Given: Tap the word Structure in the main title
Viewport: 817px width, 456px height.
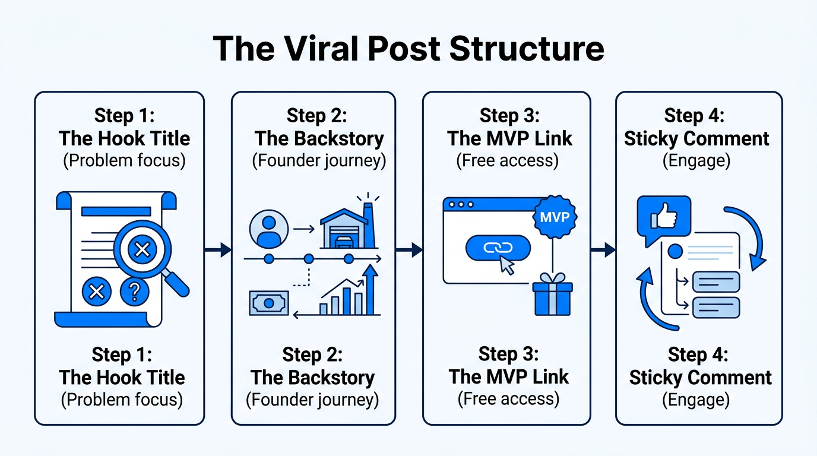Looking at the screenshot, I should coord(527,49).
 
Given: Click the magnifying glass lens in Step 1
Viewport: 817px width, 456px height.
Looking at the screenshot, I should coord(142,250).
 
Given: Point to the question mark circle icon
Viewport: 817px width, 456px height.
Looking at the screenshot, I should coord(134,291).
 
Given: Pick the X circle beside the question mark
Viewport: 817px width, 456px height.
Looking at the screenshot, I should coord(97,291).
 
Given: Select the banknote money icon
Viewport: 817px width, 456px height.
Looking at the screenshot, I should coord(268,303).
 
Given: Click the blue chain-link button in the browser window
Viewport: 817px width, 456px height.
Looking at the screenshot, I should coord(498,248).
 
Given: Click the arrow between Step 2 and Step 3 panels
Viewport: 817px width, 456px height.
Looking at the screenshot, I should coord(409,250).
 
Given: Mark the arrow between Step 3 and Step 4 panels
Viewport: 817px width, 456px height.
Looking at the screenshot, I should coord(603,250).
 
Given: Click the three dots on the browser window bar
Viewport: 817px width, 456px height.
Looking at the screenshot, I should coord(461,204).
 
